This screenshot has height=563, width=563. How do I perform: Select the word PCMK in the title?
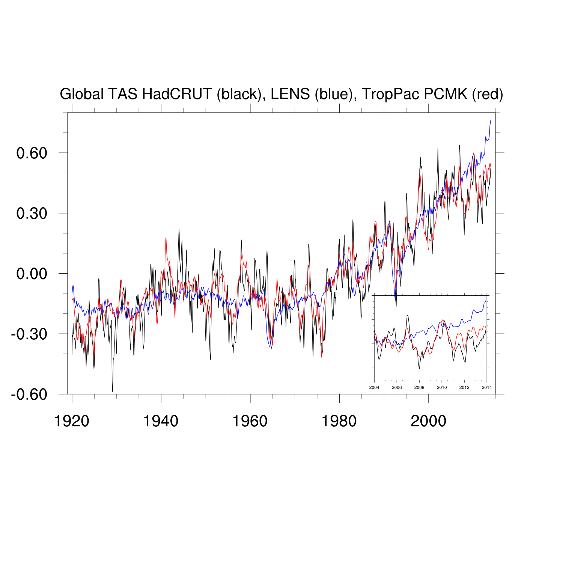(x=446, y=94)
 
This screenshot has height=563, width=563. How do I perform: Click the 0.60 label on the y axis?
(x=32, y=153)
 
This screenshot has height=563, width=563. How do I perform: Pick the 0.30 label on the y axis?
(x=32, y=214)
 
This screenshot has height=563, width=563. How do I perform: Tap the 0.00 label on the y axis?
(x=32, y=274)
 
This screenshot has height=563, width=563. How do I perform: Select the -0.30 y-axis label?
(x=29, y=334)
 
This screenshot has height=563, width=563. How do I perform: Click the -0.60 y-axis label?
(x=29, y=394)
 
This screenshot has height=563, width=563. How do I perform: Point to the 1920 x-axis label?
(x=72, y=421)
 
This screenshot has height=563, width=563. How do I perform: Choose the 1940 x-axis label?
(x=161, y=421)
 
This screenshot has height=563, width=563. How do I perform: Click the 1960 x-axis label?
(x=250, y=421)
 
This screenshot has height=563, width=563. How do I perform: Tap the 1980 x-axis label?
(x=339, y=421)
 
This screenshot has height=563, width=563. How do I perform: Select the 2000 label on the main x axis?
(x=428, y=421)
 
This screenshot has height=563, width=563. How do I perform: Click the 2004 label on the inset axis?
(x=374, y=387)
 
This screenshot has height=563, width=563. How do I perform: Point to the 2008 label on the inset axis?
(x=419, y=387)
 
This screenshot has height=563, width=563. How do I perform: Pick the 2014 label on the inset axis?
(x=487, y=387)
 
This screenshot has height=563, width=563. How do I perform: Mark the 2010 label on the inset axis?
(x=442, y=387)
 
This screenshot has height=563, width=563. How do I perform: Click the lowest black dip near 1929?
(x=113, y=391)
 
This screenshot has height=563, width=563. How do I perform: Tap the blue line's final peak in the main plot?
(x=491, y=121)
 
